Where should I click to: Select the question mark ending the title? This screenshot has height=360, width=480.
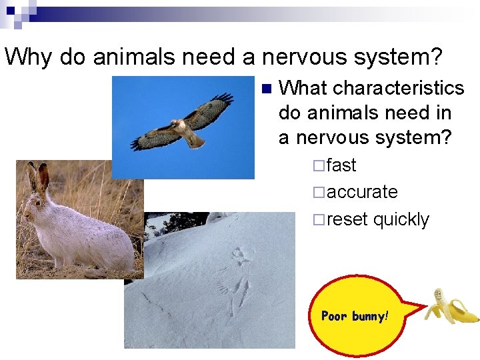(435, 57)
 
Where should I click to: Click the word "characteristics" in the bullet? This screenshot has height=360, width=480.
(398, 88)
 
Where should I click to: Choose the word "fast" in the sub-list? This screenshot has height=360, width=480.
(341, 165)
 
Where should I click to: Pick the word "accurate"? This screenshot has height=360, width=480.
(363, 192)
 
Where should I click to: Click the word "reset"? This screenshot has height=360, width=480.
(347, 219)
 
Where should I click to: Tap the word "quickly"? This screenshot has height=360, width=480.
(401, 219)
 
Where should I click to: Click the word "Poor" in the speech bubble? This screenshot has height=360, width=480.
(334, 316)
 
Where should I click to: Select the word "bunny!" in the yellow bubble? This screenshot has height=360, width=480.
(369, 316)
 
